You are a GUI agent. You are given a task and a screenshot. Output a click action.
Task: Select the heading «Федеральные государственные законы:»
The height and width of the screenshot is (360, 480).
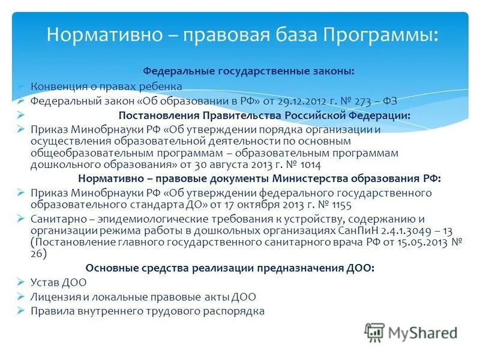pyautogui.click(x=248, y=71)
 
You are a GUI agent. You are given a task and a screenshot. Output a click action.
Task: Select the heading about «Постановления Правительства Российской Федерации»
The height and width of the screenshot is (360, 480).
pyautogui.click(x=265, y=115)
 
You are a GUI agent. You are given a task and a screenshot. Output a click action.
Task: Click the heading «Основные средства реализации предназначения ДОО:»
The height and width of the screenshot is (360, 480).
pyautogui.click(x=230, y=268)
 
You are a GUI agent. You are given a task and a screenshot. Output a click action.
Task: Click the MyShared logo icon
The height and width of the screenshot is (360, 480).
pyautogui.click(x=374, y=332)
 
